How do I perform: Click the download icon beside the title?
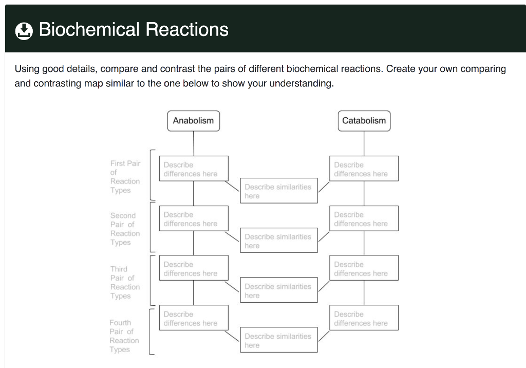click(23, 30)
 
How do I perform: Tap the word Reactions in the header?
click(187, 29)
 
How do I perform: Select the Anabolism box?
click(193, 121)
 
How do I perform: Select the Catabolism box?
click(364, 121)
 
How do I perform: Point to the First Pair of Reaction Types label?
click(125, 177)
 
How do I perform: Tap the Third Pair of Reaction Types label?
click(125, 282)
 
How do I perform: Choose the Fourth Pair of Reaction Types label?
click(124, 336)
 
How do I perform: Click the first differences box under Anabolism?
click(193, 169)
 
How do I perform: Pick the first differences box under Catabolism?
click(364, 169)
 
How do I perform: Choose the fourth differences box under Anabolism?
click(193, 318)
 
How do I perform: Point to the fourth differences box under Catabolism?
click(364, 318)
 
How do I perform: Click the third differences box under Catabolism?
click(364, 268)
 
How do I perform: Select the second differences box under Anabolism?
click(193, 218)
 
